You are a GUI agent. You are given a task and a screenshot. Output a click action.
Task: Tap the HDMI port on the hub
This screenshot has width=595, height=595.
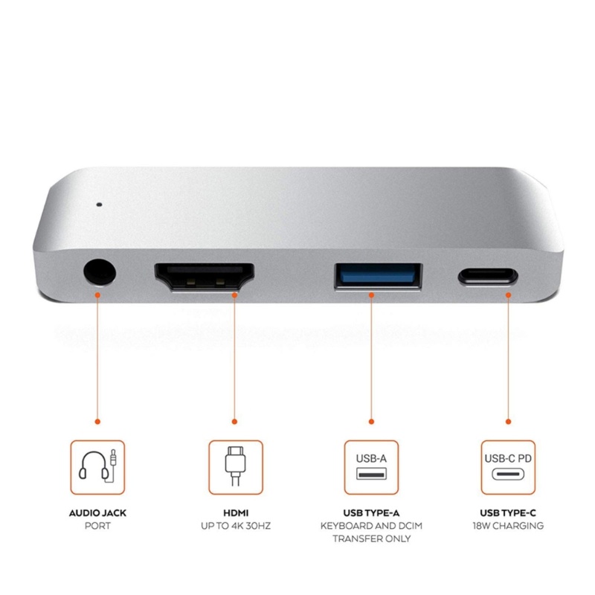tap(205, 279)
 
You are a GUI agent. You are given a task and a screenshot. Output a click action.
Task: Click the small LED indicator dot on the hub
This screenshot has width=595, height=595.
tap(99, 202)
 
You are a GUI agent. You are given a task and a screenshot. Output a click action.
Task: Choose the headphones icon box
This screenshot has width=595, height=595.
tap(97, 467)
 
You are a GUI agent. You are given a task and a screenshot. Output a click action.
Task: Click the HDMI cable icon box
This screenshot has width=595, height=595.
tap(235, 467)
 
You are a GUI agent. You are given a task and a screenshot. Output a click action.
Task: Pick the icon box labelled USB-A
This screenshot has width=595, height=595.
tap(371, 467)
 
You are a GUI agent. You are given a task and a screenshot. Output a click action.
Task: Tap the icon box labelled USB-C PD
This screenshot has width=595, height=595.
tap(508, 467)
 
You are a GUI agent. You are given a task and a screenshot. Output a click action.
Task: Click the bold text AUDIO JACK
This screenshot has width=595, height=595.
tap(97, 513)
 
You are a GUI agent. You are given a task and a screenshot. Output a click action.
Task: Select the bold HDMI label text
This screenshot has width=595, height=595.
tap(235, 513)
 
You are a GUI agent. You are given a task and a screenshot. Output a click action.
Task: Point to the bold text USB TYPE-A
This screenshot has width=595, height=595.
tap(371, 513)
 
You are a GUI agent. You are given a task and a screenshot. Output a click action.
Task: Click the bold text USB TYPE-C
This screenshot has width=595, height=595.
tap(508, 513)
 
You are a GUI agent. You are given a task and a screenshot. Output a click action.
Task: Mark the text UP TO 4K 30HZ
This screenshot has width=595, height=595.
tap(235, 526)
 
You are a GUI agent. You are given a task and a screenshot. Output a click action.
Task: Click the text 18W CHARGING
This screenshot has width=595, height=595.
tap(508, 526)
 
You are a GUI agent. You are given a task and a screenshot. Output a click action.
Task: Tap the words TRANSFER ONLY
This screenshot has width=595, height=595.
tap(371, 538)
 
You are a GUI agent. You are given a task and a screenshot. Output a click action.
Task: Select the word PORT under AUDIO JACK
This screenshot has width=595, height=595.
tap(97, 526)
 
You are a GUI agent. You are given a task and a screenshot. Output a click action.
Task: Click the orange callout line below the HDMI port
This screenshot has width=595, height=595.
tap(235, 357)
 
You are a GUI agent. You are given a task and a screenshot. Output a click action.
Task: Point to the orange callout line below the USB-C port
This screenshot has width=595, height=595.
tap(508, 357)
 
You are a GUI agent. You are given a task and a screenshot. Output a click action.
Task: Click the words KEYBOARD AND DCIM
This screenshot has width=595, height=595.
tap(371, 526)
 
